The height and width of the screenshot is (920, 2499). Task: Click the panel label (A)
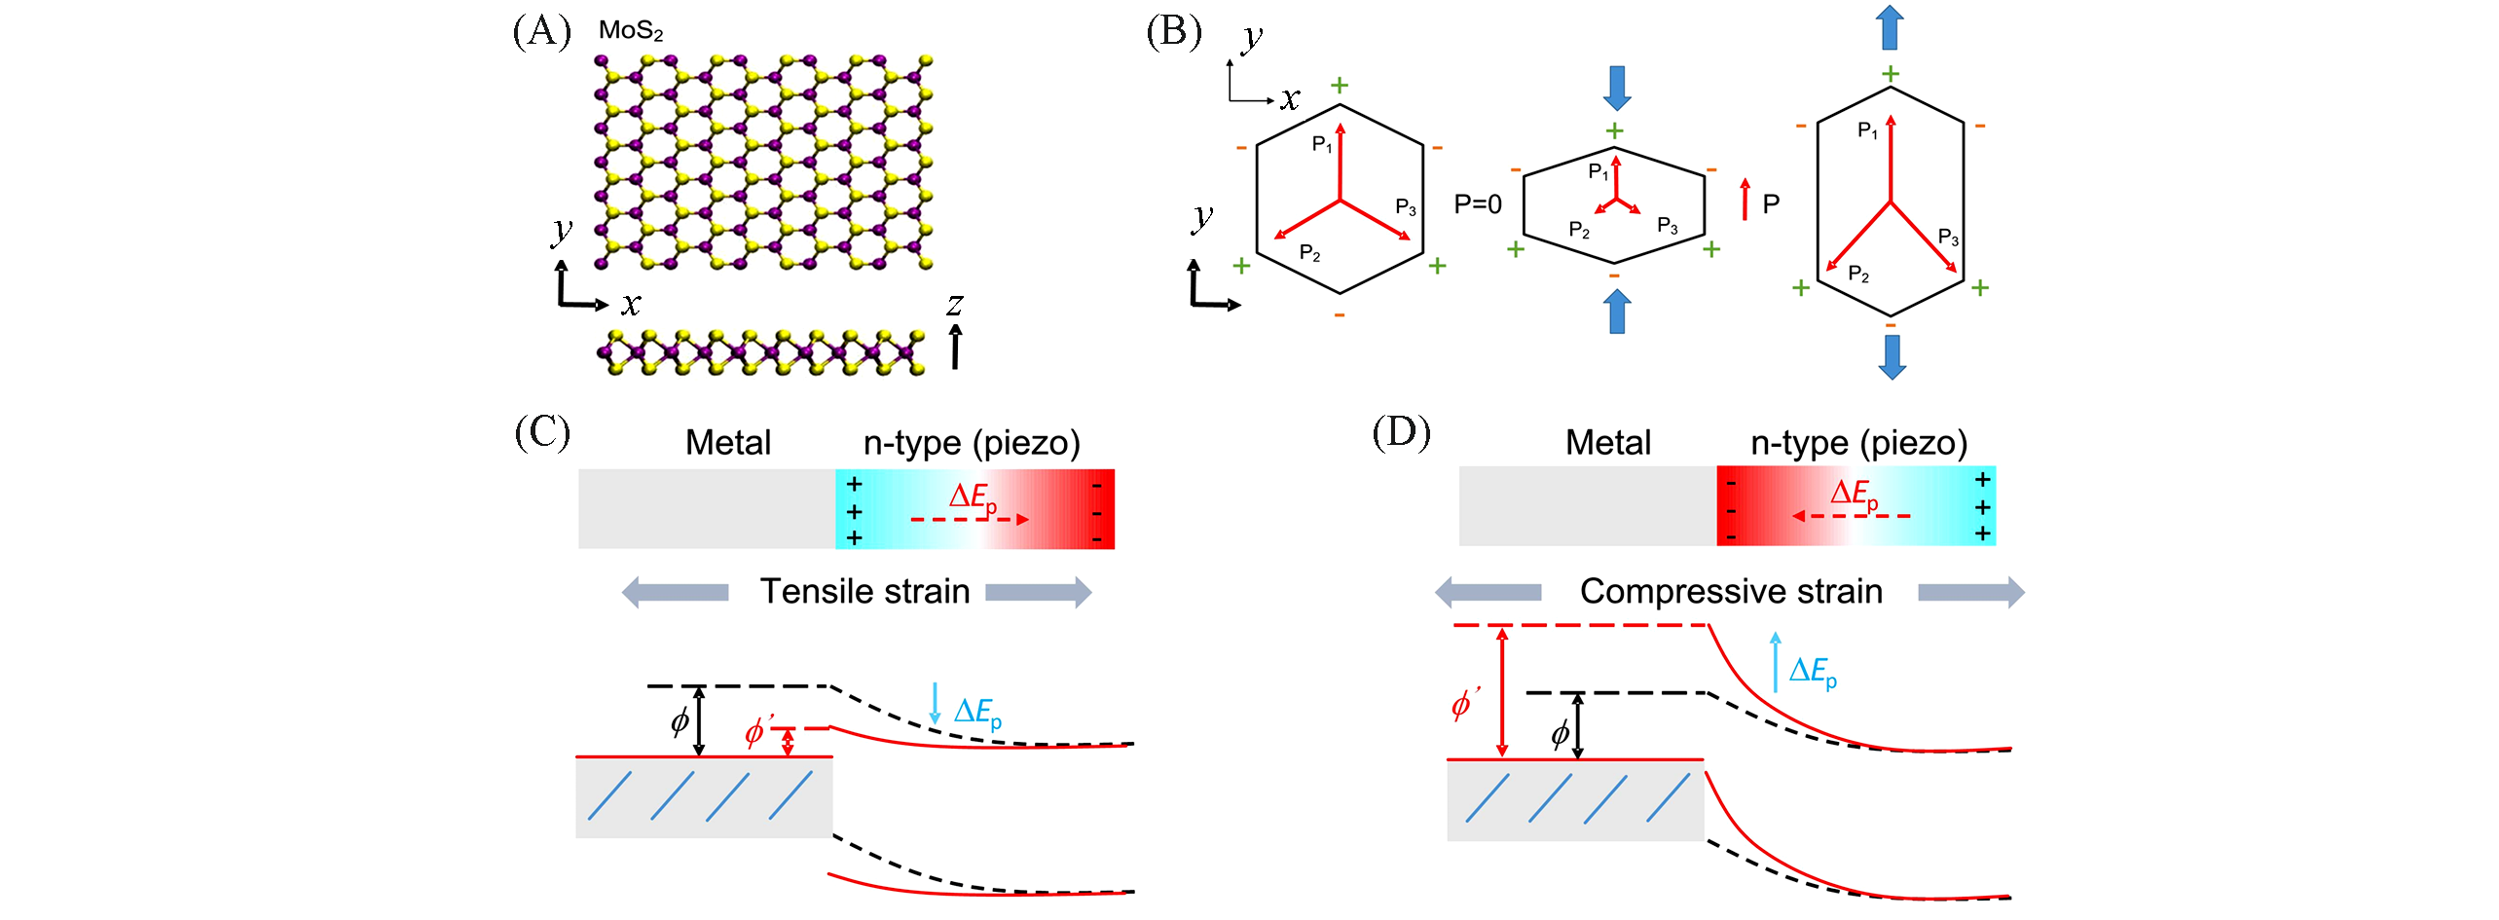[541, 31]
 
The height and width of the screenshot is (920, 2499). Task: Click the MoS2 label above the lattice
[631, 31]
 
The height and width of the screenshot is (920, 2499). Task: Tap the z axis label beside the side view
[954, 306]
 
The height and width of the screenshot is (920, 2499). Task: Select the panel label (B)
[1174, 31]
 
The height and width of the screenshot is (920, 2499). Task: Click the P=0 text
[1477, 204]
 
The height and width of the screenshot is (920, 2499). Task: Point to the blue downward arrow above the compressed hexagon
[1617, 89]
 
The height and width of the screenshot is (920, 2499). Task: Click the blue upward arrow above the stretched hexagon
[1890, 27]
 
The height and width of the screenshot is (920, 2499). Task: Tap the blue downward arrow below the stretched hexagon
[1892, 356]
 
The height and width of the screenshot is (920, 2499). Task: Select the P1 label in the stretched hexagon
[1867, 130]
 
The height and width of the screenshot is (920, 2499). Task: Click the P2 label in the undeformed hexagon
[1310, 253]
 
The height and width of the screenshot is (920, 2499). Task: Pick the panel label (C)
[542, 431]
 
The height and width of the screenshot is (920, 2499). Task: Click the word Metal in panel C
[728, 443]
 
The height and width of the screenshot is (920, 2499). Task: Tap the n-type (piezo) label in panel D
[1858, 443]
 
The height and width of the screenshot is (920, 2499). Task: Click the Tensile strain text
[864, 592]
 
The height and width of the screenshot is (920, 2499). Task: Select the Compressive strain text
[1731, 592]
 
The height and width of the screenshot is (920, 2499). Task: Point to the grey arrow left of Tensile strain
[675, 592]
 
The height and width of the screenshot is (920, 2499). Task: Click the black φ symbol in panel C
[680, 721]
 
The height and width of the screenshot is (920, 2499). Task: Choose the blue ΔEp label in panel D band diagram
[1813, 671]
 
